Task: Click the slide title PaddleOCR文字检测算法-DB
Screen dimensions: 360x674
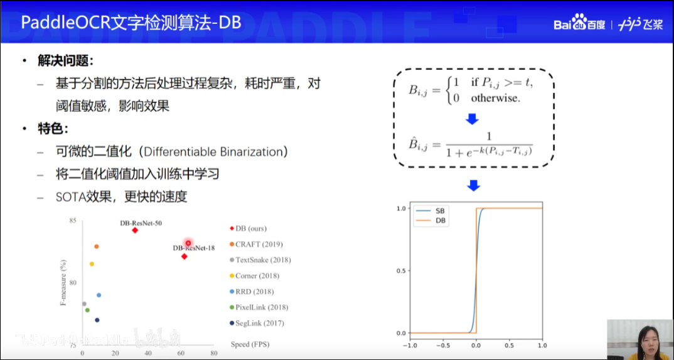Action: coord(131,23)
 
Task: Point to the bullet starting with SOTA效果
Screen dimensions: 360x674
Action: coord(121,197)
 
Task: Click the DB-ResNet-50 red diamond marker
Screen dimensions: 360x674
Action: coord(135,231)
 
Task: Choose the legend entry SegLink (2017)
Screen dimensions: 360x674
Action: coord(260,323)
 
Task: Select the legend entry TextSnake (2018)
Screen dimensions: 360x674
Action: coord(263,260)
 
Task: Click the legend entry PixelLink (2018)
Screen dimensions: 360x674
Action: coord(262,307)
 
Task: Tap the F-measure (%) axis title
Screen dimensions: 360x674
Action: coord(63,283)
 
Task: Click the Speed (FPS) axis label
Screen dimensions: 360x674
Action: coord(249,344)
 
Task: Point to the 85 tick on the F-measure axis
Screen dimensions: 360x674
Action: coord(73,221)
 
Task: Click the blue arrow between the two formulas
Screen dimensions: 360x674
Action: coord(473,119)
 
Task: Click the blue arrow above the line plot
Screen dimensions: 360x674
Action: coord(473,185)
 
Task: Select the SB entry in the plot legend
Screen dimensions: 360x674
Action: coord(440,211)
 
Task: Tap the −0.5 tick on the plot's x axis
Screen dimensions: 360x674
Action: coord(442,345)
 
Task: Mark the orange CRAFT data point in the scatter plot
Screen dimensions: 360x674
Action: coord(96,246)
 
